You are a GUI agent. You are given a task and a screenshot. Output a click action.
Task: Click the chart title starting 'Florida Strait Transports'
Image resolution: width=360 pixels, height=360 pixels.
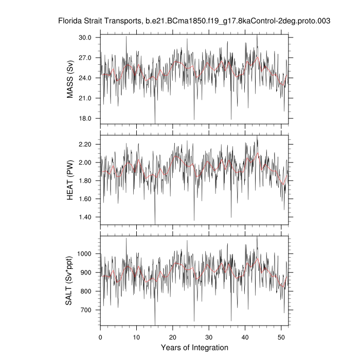[194, 22]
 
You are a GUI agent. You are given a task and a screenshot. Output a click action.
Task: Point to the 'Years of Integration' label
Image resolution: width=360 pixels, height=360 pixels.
[194, 348]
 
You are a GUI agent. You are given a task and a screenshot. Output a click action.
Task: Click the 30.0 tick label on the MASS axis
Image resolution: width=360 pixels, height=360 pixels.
[85, 38]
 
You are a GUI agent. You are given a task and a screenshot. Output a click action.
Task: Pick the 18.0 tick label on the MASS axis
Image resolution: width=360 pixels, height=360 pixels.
[85, 118]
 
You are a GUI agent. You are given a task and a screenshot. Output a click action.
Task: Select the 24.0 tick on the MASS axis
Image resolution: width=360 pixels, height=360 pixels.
[85, 78]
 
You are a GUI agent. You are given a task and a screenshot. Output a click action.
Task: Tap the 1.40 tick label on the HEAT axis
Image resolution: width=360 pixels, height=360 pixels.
[85, 217]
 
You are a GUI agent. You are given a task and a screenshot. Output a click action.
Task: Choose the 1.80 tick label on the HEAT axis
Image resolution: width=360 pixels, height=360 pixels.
[85, 181]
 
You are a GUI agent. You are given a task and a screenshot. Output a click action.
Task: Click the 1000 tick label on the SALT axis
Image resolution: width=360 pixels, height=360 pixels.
[85, 254]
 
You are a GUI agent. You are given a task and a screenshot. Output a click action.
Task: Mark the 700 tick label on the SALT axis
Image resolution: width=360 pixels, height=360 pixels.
[87, 310]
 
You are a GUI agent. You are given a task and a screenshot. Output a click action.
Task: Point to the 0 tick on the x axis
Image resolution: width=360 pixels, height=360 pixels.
[100, 337]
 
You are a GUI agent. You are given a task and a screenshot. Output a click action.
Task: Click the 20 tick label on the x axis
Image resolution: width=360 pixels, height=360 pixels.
[173, 337]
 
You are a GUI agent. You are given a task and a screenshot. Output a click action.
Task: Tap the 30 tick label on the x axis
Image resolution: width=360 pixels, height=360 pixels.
[209, 337]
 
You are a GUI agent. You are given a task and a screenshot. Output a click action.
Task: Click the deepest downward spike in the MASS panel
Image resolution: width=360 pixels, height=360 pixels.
[155, 123]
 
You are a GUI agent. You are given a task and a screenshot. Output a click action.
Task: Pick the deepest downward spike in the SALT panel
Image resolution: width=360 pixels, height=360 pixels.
[155, 325]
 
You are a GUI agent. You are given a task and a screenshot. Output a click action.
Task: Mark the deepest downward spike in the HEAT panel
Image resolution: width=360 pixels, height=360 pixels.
[155, 224]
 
